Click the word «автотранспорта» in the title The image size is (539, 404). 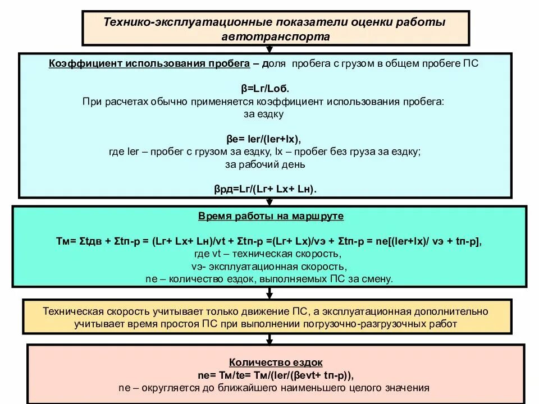pyautogui.click(x=276, y=36)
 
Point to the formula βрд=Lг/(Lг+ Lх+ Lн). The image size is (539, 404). pyautogui.click(x=265, y=189)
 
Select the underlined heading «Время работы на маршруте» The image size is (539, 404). pyautogui.click(x=271, y=216)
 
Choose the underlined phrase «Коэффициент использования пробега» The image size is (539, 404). pyautogui.click(x=149, y=64)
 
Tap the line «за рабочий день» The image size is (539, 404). pyautogui.click(x=265, y=164)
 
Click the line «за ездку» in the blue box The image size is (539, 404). pyautogui.click(x=264, y=114)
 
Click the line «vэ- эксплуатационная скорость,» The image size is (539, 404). pyautogui.click(x=269, y=266)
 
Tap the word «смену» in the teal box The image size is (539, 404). pyautogui.click(x=378, y=278)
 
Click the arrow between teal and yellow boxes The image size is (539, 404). pyautogui.click(x=269, y=293)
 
